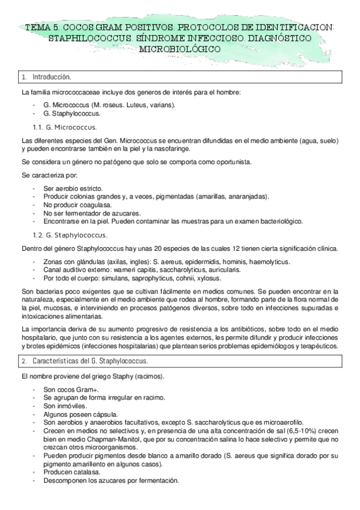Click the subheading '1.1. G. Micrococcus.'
coord(65,127)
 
